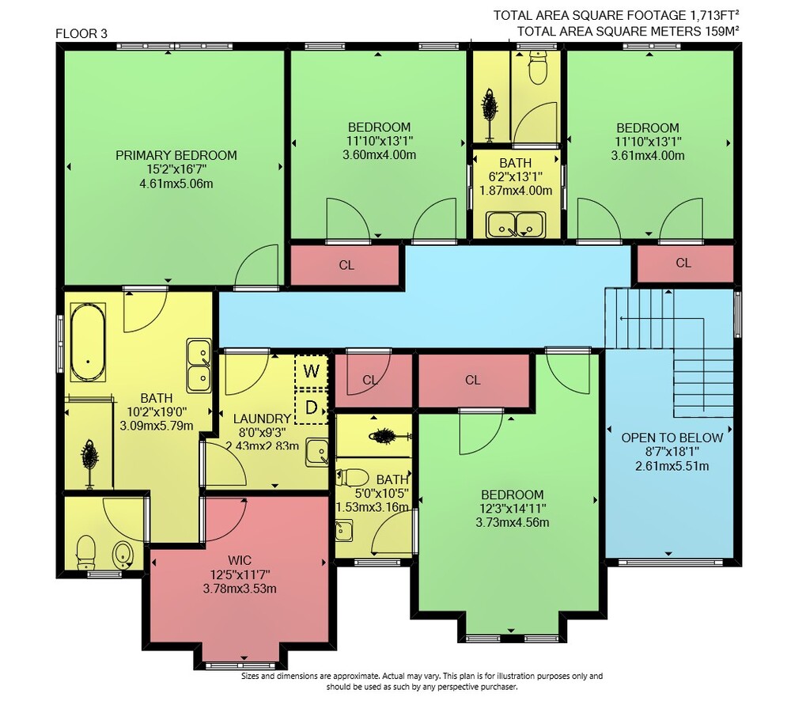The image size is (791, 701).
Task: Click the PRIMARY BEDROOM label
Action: (176, 155)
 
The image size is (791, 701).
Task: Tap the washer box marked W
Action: (311, 371)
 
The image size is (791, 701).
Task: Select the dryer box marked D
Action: (311, 407)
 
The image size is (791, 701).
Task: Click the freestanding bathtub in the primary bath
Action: (88, 342)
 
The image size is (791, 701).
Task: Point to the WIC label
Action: (240, 560)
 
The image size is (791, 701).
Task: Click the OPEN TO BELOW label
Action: (672, 438)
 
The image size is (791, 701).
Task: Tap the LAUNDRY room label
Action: (262, 419)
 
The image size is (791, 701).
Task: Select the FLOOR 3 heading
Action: (81, 34)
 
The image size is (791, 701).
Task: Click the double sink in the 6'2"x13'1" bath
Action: (516, 225)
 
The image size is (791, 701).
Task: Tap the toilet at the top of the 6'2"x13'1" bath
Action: (538, 67)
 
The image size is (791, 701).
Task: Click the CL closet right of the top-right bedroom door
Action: (683, 263)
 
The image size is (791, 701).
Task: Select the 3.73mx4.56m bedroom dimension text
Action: (513, 523)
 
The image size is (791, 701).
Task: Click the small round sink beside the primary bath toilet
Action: (122, 555)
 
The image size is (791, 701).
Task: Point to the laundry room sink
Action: (317, 453)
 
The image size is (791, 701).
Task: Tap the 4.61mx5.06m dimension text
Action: (176, 184)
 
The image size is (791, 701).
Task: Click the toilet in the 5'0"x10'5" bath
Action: (351, 477)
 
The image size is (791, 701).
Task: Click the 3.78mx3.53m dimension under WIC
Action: (240, 589)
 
